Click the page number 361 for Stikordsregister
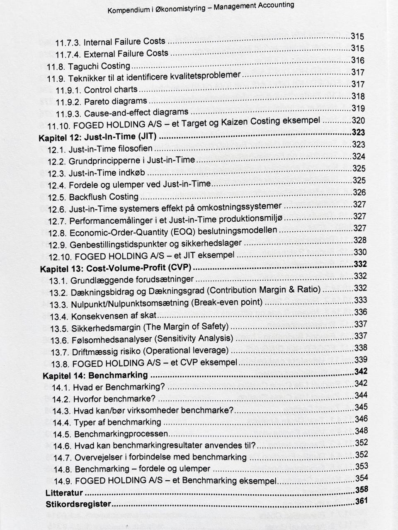[x=362, y=501]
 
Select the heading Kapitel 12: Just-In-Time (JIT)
[x=99, y=137]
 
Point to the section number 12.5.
[x=57, y=197]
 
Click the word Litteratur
[x=64, y=493]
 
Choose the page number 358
[x=362, y=489]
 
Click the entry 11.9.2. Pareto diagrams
[x=101, y=101]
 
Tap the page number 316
[x=358, y=60]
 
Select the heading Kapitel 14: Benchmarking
[x=95, y=375]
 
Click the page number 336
[x=361, y=312]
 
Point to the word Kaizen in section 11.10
[x=243, y=122]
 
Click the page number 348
[x=362, y=431]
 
